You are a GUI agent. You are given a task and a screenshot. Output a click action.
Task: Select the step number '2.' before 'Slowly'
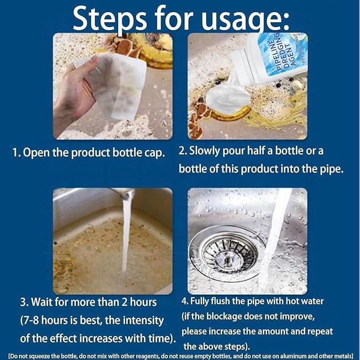click(183, 151)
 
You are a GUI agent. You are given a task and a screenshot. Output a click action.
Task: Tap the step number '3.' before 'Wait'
click(24, 302)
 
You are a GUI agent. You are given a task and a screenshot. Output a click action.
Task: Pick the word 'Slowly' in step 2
click(207, 151)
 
